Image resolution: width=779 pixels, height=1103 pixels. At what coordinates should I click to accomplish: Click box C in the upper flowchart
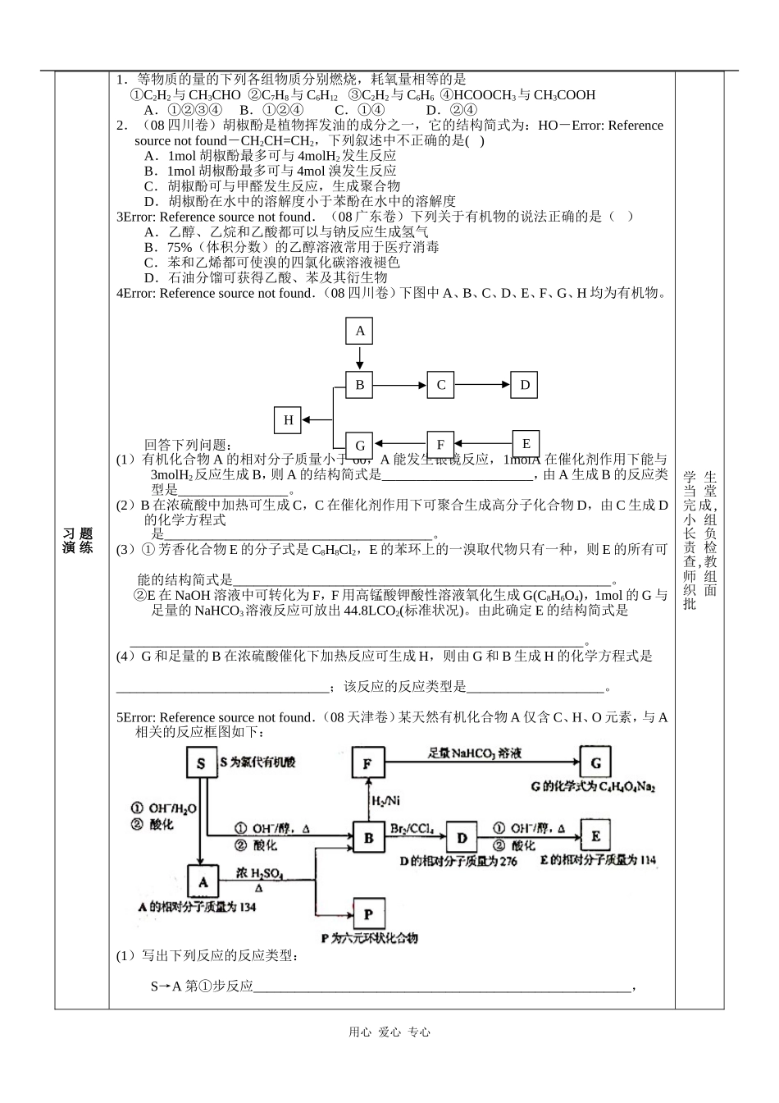[440, 384]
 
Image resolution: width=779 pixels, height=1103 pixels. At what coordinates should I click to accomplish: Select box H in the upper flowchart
[288, 420]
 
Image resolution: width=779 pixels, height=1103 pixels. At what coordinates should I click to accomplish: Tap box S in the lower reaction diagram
[201, 764]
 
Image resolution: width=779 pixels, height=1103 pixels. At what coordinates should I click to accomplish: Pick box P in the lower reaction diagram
[368, 913]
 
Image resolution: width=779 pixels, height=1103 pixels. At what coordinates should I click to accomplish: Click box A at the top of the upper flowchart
[359, 332]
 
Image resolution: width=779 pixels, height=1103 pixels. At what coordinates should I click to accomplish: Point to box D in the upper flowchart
[525, 384]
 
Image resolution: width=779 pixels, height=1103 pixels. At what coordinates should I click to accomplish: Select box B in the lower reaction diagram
[368, 837]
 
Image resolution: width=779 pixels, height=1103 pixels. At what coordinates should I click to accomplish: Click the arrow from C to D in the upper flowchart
[482, 384]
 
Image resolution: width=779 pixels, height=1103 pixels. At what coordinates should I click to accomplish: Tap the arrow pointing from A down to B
[359, 359]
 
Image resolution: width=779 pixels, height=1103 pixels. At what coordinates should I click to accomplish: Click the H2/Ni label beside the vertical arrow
[386, 800]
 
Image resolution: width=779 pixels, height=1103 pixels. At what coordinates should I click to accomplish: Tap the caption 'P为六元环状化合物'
[369, 937]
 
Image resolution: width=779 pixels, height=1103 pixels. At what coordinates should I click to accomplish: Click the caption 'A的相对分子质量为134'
[197, 907]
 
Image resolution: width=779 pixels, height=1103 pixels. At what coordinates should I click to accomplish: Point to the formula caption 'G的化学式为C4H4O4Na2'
[593, 787]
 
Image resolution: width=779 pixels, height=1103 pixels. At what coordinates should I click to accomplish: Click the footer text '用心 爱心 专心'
[389, 1032]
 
